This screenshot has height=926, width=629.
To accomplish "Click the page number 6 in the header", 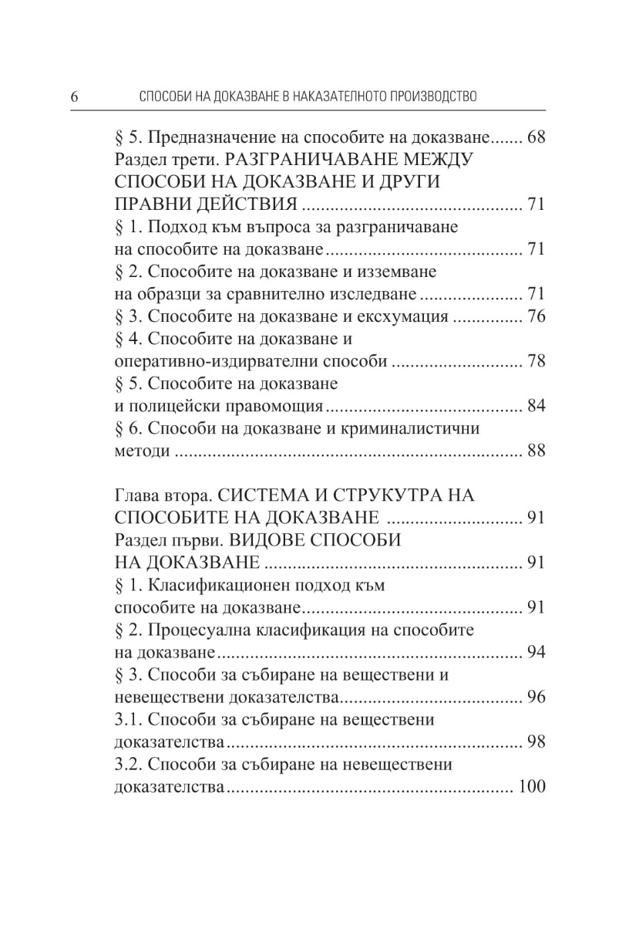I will (75, 97).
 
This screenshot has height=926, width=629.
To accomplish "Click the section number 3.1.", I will (126, 719).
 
